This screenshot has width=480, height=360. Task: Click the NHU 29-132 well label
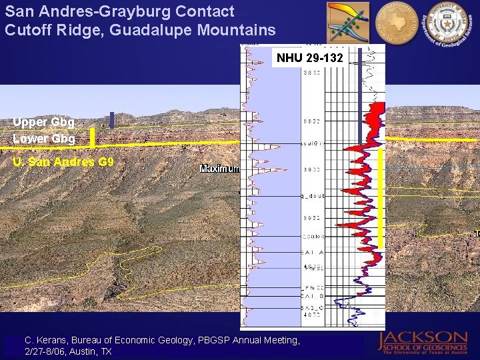[310, 58]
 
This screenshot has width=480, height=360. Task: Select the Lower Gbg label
[43, 139]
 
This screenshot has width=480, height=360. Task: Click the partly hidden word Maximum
[219, 169]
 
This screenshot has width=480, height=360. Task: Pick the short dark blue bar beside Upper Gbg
[112, 120]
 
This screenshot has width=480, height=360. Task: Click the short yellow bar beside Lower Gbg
[92, 137]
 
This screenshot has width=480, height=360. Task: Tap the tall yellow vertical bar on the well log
[381, 197]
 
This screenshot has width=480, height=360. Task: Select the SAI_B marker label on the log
[312, 295]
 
